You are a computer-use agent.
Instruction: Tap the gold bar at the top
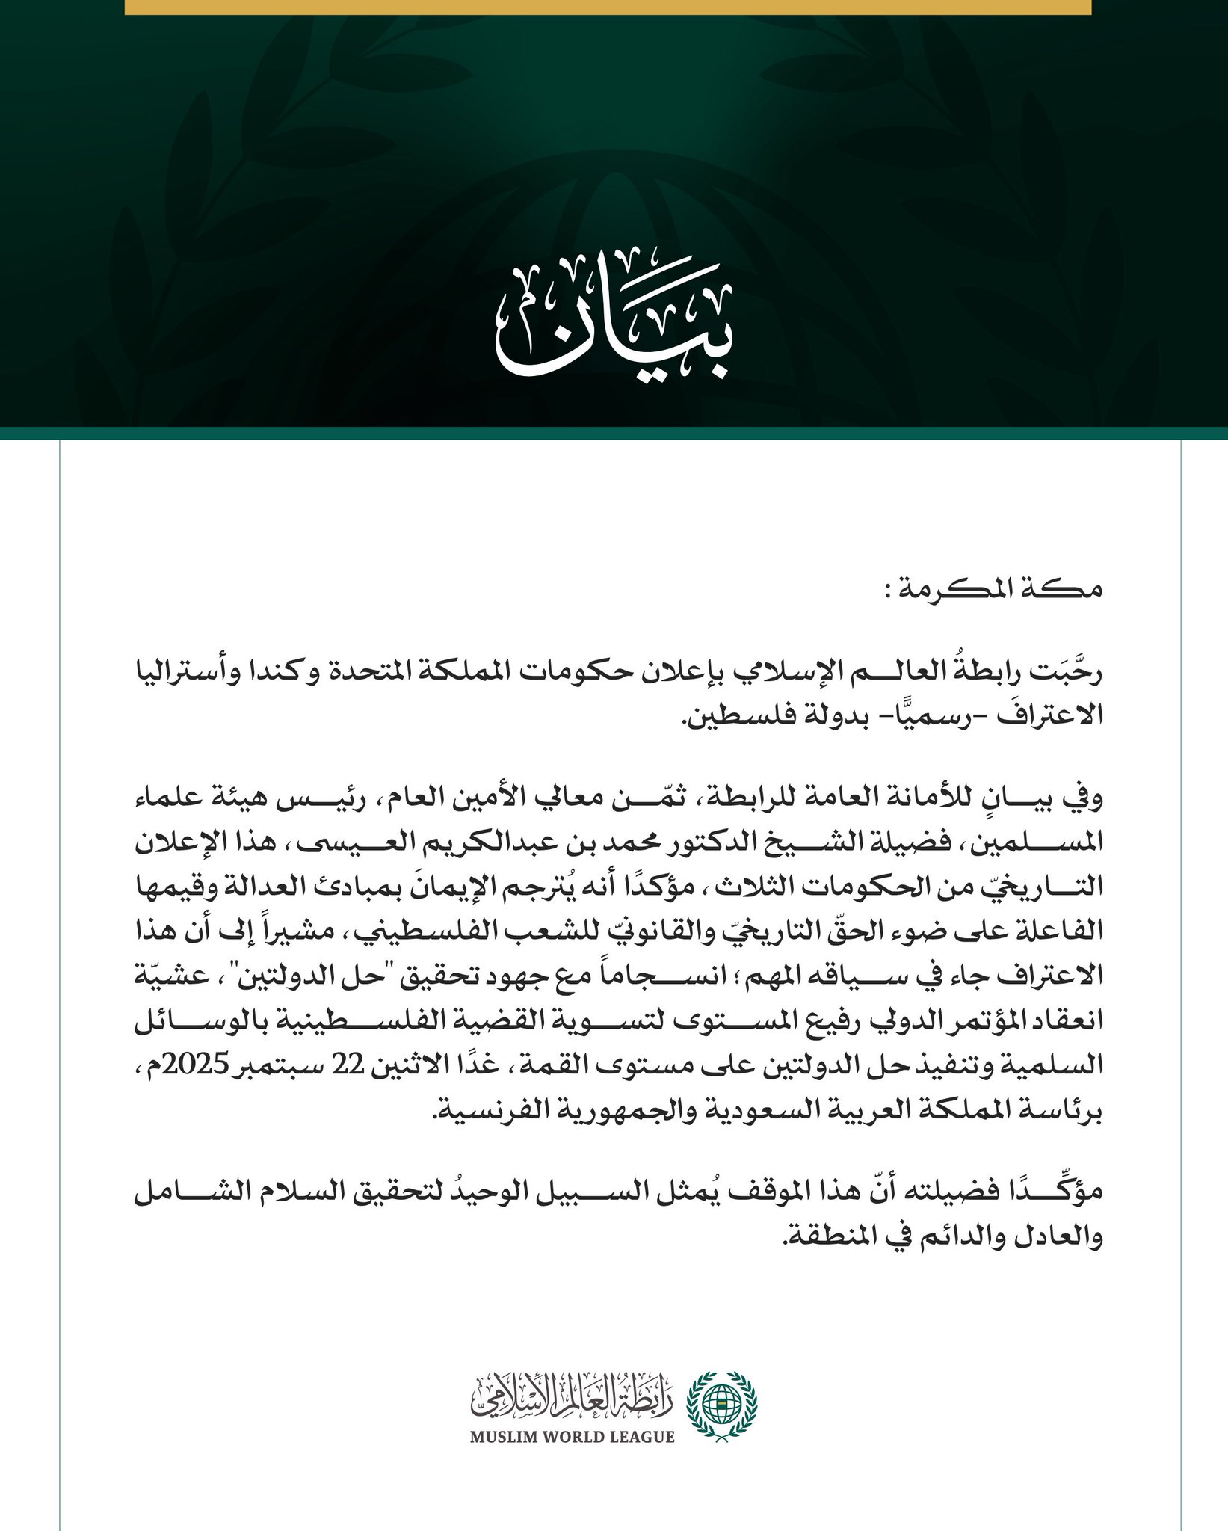[x=607, y=7]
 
